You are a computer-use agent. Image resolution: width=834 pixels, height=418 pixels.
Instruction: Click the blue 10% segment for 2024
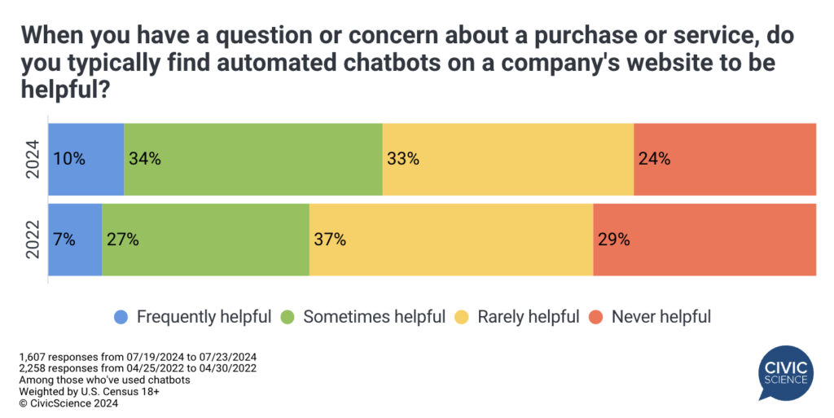pos(86,160)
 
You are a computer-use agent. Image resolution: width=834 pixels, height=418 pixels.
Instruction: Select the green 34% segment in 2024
pos(252,160)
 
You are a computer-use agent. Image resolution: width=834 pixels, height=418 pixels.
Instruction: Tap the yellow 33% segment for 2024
pos(507,160)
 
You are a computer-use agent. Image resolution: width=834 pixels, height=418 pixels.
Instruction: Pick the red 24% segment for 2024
pos(725,160)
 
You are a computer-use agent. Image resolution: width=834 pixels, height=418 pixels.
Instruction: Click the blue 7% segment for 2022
pos(75,240)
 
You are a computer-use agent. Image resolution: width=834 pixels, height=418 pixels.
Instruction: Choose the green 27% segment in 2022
pos(205,240)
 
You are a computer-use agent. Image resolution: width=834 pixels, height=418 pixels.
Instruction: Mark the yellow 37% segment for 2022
pos(450,240)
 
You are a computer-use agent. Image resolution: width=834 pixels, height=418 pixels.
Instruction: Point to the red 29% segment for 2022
pos(705,240)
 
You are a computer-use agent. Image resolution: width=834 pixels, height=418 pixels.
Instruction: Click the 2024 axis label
pos(32,160)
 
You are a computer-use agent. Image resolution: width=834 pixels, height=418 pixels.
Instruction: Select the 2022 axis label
pos(32,240)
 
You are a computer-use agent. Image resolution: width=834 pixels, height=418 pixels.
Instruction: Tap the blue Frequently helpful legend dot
pos(121,317)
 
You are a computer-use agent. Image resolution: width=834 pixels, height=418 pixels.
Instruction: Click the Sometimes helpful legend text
pos(374,317)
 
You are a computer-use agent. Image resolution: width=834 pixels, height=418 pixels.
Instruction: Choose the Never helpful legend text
pos(661,317)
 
